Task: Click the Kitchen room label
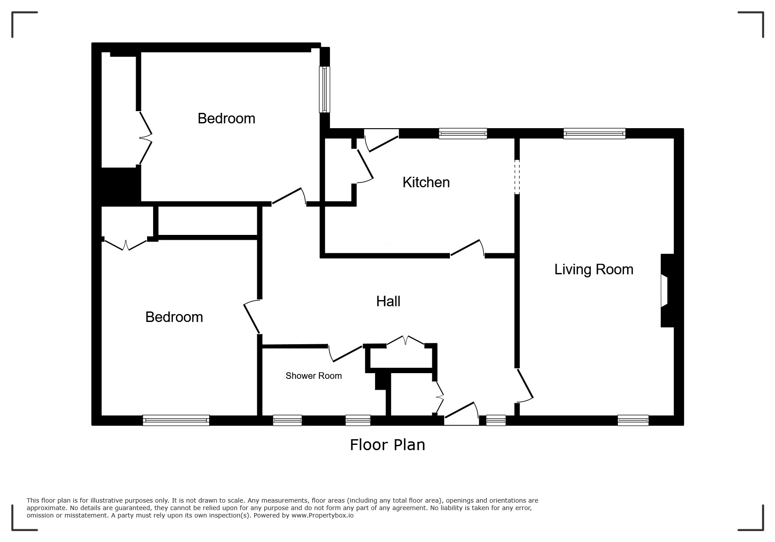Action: click(x=426, y=182)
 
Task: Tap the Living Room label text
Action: click(x=594, y=269)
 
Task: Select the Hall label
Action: click(x=388, y=301)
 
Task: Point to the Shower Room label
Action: click(x=313, y=376)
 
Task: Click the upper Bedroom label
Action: click(x=226, y=118)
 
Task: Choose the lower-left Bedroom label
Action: click(x=174, y=317)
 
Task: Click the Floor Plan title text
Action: click(x=387, y=444)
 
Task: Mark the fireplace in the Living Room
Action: click(x=667, y=290)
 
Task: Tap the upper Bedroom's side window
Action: click(x=324, y=89)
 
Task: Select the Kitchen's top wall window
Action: click(x=463, y=133)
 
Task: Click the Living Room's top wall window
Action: click(x=594, y=133)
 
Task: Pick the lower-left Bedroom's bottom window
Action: click(x=176, y=420)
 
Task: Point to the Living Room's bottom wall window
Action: click(x=633, y=420)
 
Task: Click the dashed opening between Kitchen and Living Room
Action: click(x=517, y=177)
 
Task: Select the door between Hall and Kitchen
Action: click(x=467, y=248)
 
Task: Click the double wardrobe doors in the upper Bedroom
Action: click(x=145, y=138)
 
